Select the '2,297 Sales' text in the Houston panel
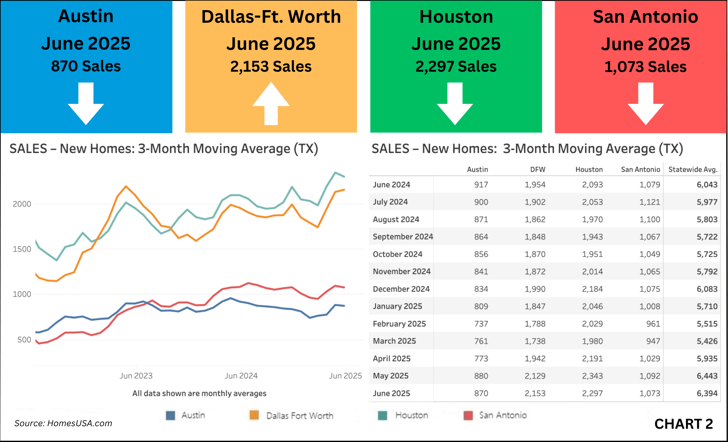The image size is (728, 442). click(456, 67)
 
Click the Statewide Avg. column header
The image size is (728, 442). click(693, 170)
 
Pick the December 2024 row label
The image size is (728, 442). click(401, 289)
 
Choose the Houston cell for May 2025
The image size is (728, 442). click(592, 376)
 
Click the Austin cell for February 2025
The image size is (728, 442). click(481, 324)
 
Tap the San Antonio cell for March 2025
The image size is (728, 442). click(653, 341)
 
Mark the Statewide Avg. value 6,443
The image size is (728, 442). click(707, 376)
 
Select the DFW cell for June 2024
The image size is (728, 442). click(535, 185)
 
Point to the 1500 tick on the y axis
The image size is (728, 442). click(22, 249)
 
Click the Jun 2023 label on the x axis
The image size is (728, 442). click(136, 376)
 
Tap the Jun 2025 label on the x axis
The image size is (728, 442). click(345, 376)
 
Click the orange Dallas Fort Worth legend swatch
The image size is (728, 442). click(254, 415)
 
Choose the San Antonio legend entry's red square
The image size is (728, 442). click(468, 415)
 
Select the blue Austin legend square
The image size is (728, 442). click(170, 415)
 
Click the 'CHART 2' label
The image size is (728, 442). click(683, 424)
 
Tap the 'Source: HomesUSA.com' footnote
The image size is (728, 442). click(63, 423)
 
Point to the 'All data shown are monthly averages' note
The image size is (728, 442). click(199, 393)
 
